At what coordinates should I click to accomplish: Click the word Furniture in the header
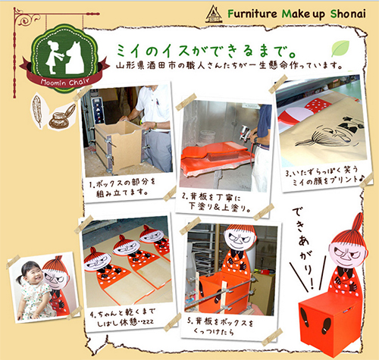pyautogui.click(x=252, y=14)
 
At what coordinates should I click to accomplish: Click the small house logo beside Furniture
pyautogui.click(x=214, y=14)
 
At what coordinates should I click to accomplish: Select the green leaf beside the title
pyautogui.click(x=340, y=49)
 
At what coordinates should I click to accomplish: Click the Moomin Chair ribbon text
pyautogui.click(x=65, y=82)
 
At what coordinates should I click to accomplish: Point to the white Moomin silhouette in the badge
pyautogui.click(x=74, y=58)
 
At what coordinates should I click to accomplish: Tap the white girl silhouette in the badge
pyautogui.click(x=55, y=58)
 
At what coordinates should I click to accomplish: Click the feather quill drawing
pyautogui.click(x=37, y=111)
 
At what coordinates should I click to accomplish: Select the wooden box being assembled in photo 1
pyautogui.click(x=118, y=147)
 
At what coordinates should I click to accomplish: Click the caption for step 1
pyautogui.click(x=123, y=188)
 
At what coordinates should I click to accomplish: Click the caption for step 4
pyautogui.click(x=123, y=318)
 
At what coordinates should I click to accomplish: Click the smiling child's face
pyautogui.click(x=32, y=274)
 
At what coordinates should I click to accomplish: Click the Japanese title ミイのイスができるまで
pyautogui.click(x=206, y=52)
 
